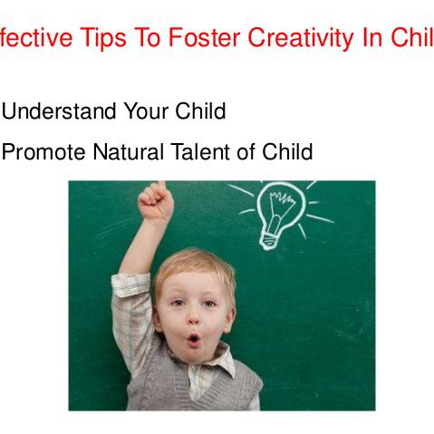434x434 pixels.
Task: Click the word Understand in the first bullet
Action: (x=60, y=111)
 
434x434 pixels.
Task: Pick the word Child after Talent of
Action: (x=287, y=152)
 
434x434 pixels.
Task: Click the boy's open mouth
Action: (x=194, y=341)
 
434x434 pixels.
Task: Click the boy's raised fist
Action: (x=156, y=203)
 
